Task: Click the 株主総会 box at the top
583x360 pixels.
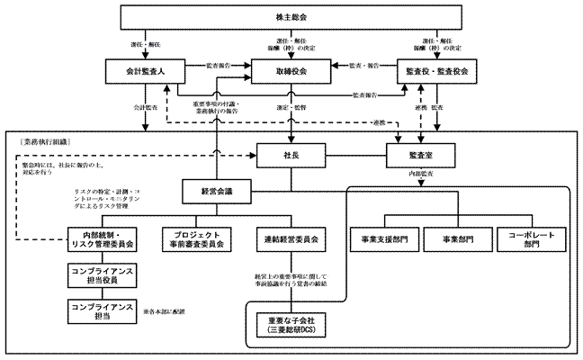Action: (x=291, y=17)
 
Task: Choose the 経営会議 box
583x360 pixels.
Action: (x=216, y=191)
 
